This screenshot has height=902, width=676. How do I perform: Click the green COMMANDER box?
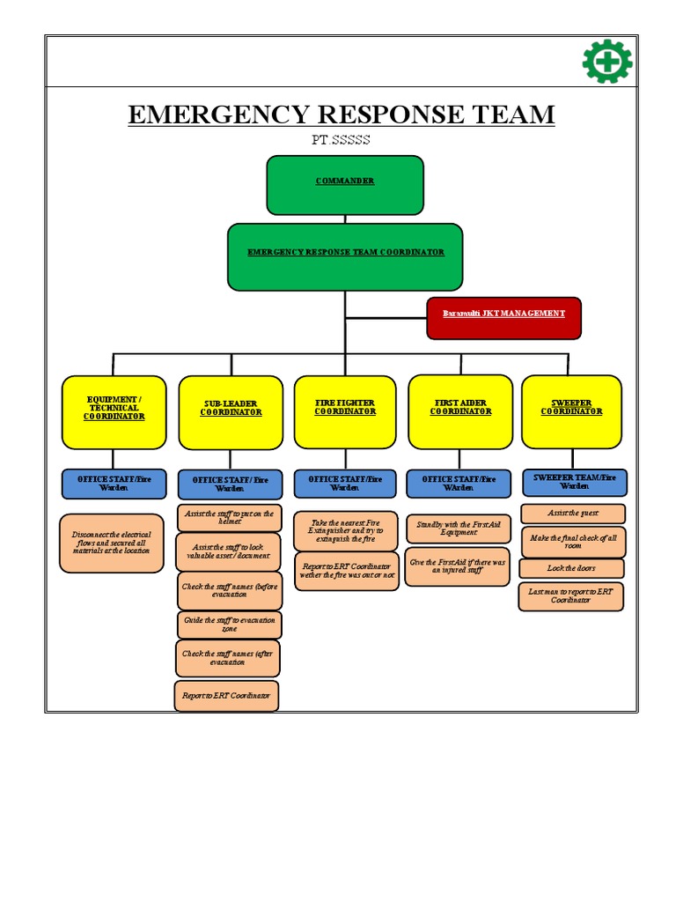pos(345,185)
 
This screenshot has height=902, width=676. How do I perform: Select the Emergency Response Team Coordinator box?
pos(345,256)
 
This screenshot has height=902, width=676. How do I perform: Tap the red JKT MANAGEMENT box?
pos(503,318)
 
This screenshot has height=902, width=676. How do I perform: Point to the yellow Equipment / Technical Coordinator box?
pos(114,412)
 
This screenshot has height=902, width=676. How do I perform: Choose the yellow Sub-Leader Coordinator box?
pos(231,412)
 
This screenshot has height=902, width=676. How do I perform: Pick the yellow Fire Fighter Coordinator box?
pos(345,411)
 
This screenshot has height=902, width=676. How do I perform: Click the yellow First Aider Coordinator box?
pos(460,411)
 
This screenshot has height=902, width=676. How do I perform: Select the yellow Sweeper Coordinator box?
pos(571,411)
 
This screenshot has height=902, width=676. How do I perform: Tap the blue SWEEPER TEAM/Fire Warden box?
pos(574,482)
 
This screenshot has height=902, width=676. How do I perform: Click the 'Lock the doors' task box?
pos(571,568)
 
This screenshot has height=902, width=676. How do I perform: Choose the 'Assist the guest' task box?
pos(572,514)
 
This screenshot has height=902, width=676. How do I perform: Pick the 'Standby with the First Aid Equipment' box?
pos(459,529)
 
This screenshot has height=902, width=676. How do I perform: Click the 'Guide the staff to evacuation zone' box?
pos(229,625)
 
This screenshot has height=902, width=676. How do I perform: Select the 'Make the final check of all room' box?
pos(572,541)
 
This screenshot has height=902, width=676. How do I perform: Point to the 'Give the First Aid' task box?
pos(458,568)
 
